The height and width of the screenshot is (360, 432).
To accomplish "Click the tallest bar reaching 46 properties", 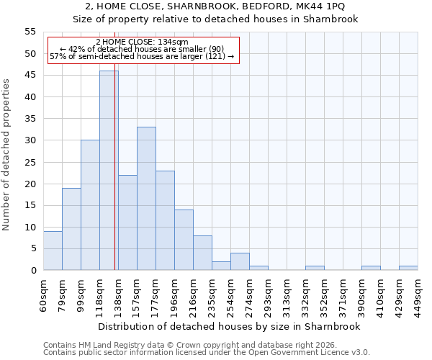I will pos(109,171).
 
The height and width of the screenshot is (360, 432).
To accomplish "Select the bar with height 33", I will pos(146,199).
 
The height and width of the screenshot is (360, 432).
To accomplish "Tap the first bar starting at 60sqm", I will pos(53,251).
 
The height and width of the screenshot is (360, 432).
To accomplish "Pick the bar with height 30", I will pos(90,205).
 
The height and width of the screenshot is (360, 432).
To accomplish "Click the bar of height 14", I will pos(184,240).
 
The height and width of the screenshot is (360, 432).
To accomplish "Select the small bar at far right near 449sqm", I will pos(408,268).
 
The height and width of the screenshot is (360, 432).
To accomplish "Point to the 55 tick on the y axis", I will pos(30,32).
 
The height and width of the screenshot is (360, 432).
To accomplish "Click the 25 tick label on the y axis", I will pos(30,162).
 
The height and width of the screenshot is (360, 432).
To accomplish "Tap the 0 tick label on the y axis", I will pos(32,271).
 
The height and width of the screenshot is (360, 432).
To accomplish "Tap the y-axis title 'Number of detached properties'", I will pos(6,155).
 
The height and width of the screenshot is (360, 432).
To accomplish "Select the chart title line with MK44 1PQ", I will pos(215,6).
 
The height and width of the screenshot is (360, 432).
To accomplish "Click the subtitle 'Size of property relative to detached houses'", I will pos(215,19).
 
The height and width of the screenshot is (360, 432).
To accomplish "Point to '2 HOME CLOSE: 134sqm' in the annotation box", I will pos(142,42).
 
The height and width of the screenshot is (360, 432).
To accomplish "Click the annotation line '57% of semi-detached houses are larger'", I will pos(142,56).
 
